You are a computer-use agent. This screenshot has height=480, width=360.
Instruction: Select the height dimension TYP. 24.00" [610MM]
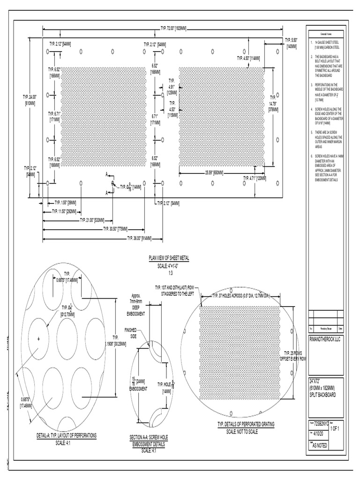click(30, 99)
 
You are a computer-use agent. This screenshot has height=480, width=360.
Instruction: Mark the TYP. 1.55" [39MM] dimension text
click(65, 202)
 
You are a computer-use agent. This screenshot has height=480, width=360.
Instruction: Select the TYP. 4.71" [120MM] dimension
click(255, 178)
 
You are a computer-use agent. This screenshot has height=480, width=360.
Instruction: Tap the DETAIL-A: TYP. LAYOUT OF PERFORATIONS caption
click(67, 435)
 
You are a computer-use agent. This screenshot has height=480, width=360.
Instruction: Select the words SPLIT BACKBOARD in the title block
click(322, 395)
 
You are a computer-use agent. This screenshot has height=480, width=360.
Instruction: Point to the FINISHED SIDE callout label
click(130, 333)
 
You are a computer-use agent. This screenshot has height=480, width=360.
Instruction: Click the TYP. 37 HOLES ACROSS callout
click(240, 296)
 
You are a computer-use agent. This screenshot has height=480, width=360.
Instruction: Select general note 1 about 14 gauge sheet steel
click(327, 45)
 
